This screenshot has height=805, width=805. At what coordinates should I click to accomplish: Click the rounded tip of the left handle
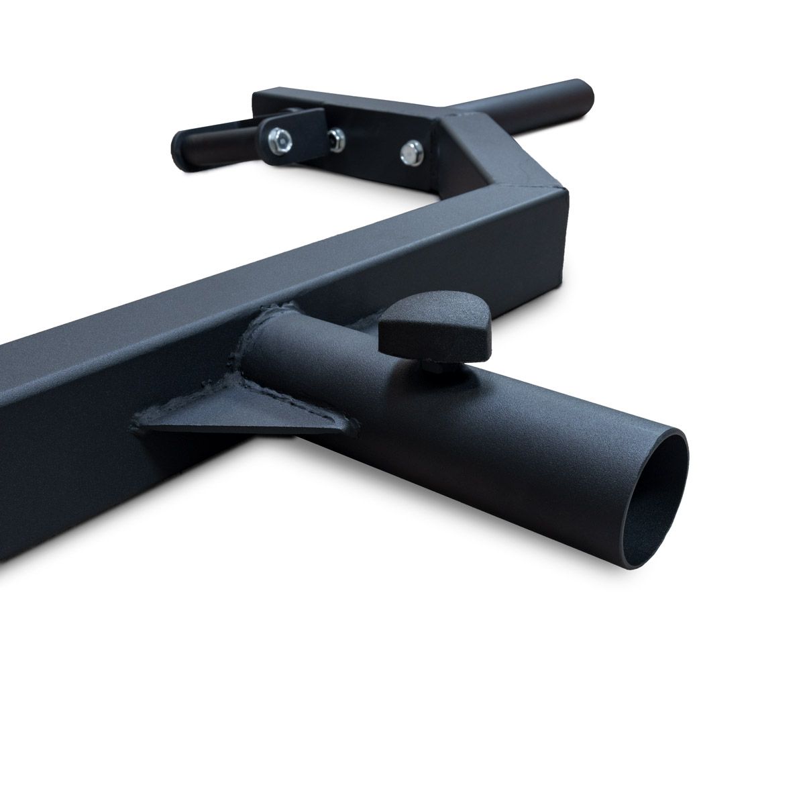pyautogui.click(x=180, y=141)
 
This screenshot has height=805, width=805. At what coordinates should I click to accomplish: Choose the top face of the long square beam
pyautogui.click(x=268, y=268)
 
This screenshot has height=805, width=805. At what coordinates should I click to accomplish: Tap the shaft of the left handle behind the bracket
pyautogui.click(x=221, y=131)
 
